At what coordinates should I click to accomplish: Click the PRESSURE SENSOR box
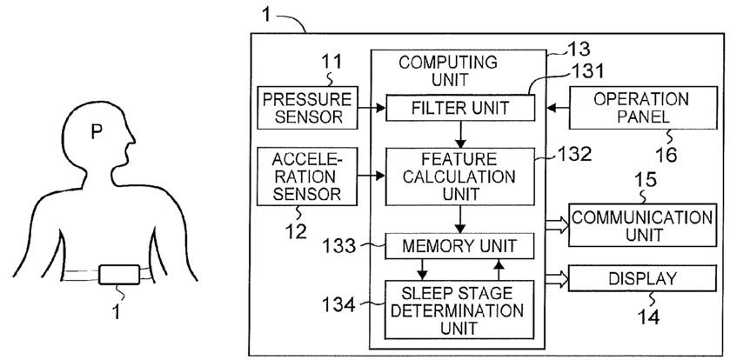click(x=307, y=108)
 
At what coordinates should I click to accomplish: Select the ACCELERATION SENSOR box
click(x=307, y=177)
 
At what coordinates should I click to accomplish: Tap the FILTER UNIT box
click(x=459, y=108)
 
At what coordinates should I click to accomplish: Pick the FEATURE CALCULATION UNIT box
click(x=459, y=177)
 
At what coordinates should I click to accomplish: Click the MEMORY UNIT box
click(x=459, y=246)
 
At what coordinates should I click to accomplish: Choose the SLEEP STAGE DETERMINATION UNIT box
click(x=459, y=310)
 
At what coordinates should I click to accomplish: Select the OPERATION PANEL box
click(x=643, y=108)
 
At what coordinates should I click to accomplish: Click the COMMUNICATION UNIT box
click(x=643, y=225)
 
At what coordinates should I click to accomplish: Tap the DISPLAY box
click(x=643, y=278)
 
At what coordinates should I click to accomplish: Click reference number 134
click(x=338, y=304)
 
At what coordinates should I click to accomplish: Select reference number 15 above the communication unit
click(x=646, y=180)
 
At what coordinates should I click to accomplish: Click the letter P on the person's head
click(x=97, y=132)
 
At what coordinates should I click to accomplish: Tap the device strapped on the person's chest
click(x=119, y=275)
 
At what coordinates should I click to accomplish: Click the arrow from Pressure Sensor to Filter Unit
click(x=372, y=108)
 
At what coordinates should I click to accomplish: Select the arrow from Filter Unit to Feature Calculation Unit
click(x=460, y=134)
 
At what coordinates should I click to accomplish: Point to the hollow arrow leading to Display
click(x=557, y=278)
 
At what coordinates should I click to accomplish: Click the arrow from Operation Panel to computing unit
click(x=558, y=108)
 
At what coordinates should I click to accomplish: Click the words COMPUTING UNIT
click(x=449, y=70)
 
